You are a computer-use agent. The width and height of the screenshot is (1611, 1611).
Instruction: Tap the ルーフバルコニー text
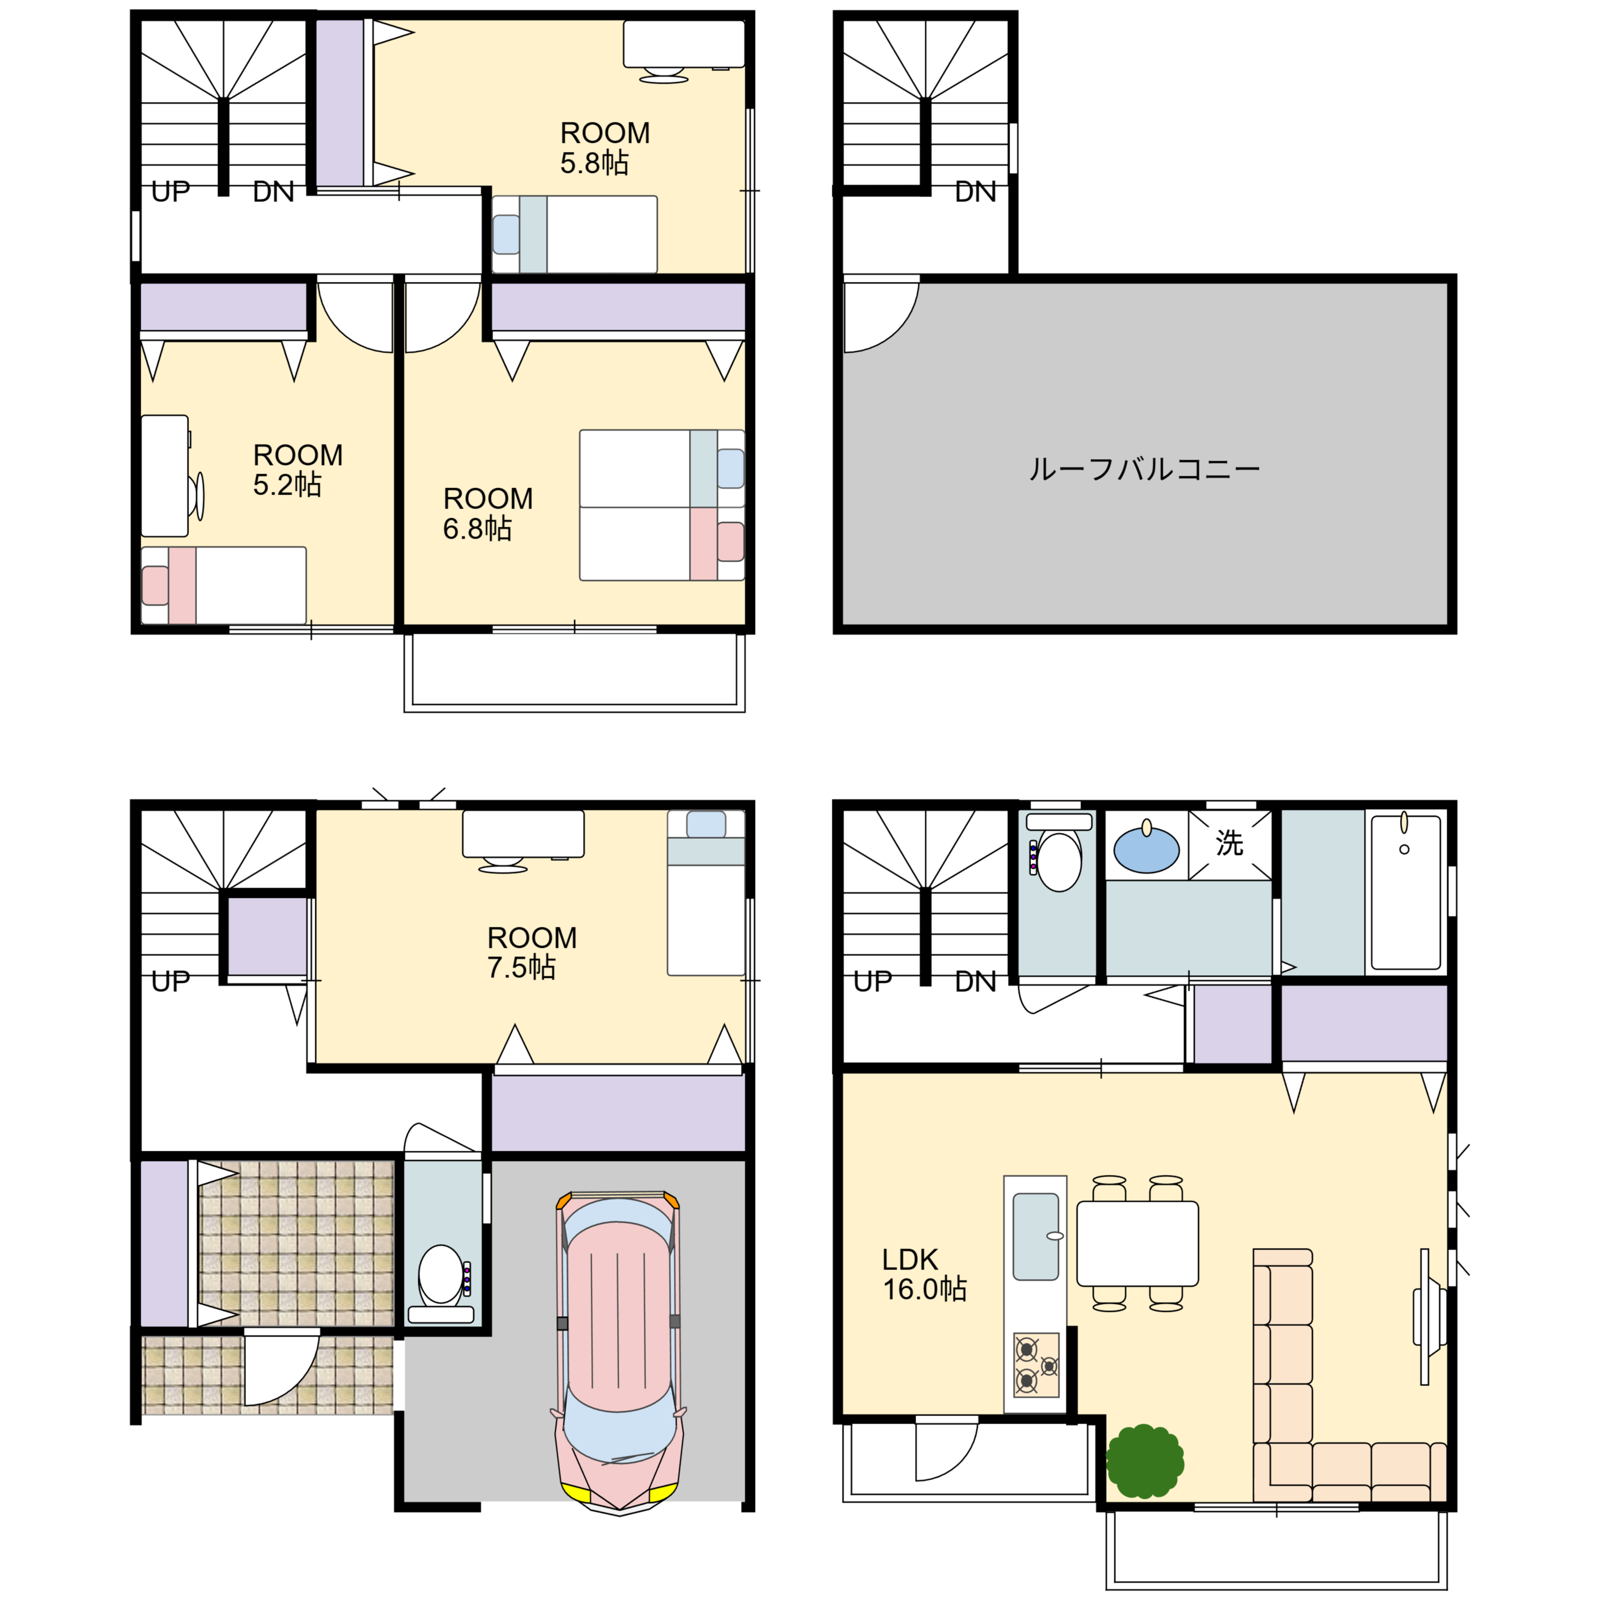point(1144,469)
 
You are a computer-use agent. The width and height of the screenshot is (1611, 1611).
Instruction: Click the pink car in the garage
point(618,1352)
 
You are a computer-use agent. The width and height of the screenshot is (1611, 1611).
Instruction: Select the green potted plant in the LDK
point(1145,1461)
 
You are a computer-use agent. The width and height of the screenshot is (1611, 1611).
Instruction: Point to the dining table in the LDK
point(1137,1243)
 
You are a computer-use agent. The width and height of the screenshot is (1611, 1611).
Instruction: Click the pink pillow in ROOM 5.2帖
point(155,585)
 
